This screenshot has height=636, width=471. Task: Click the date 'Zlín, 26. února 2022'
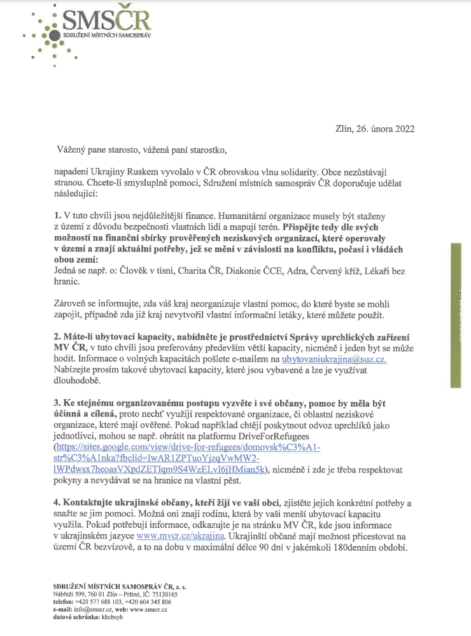pyautogui.click(x=375, y=129)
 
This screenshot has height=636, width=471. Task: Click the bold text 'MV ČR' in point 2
pyautogui.click(x=69, y=348)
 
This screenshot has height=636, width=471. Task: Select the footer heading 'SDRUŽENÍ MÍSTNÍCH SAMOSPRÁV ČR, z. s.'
pyautogui.click(x=114, y=585)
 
